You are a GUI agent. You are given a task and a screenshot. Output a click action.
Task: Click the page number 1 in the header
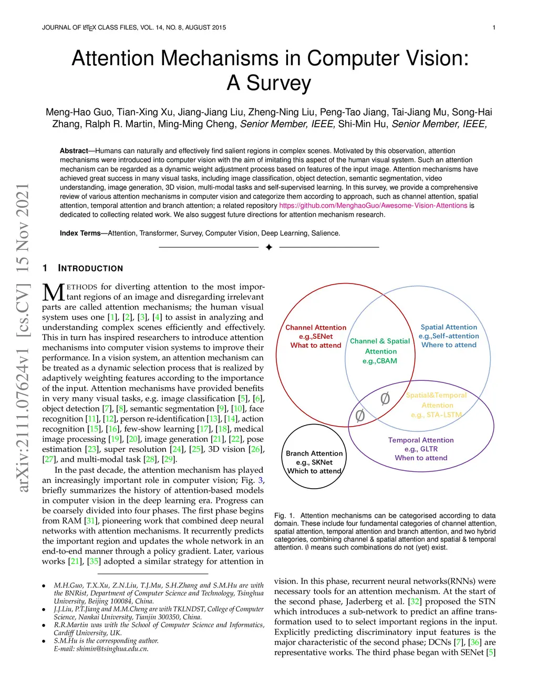pyautogui.click(x=494, y=27)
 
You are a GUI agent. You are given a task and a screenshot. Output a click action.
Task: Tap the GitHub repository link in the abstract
pyautogui.click(x=373, y=206)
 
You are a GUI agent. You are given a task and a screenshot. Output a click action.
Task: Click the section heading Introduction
pyautogui.click(x=90, y=268)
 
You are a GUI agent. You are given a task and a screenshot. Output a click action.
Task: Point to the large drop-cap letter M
pyautogui.click(x=53, y=292)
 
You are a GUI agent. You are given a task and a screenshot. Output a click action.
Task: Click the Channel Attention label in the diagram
pyautogui.click(x=316, y=327)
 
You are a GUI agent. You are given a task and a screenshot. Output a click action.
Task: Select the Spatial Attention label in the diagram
pyautogui.click(x=449, y=327)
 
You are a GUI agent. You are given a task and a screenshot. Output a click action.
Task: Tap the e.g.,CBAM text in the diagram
pyautogui.click(x=380, y=361)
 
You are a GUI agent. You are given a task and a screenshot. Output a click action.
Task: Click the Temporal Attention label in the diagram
pyautogui.click(x=421, y=440)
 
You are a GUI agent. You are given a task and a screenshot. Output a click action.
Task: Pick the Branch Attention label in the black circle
pyautogui.click(x=314, y=453)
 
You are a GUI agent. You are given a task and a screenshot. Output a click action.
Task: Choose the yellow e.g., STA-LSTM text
pyautogui.click(x=437, y=415)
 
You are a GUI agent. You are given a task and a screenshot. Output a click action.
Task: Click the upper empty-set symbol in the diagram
pyautogui.click(x=385, y=399)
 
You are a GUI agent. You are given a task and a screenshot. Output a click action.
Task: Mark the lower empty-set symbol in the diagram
pyautogui.click(x=360, y=416)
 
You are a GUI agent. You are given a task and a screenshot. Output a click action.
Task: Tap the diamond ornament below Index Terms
pyautogui.click(x=269, y=247)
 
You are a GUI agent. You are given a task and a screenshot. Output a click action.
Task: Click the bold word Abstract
pyautogui.click(x=74, y=151)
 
